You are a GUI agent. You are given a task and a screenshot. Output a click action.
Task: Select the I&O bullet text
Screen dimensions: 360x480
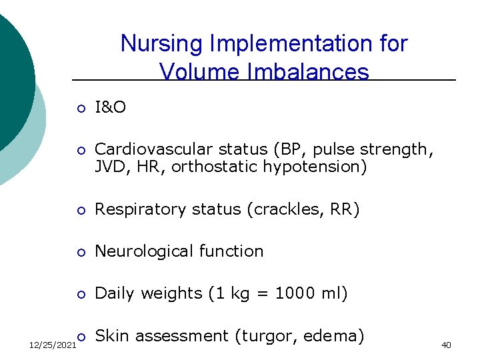(x=110, y=107)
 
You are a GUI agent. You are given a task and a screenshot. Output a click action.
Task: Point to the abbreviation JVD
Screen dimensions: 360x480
(x=109, y=167)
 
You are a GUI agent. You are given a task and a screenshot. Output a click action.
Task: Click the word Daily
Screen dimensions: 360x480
(x=115, y=293)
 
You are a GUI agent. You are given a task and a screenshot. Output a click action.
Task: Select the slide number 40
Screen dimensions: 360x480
(x=446, y=345)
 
